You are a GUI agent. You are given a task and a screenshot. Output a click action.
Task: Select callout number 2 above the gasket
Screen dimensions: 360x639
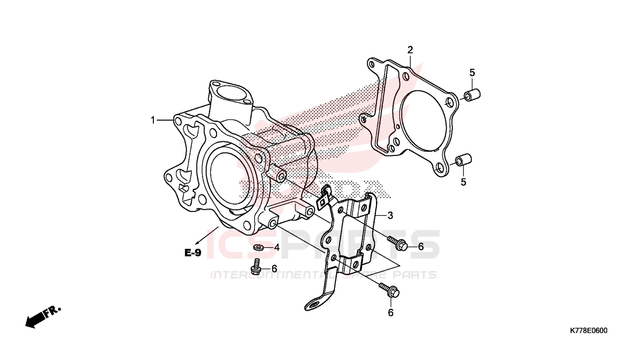point(410,50)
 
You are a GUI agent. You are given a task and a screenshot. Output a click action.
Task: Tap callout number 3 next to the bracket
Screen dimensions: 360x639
point(390,215)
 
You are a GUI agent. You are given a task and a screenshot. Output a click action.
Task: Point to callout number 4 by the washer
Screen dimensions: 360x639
point(277,247)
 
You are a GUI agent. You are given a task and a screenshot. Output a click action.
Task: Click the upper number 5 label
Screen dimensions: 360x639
point(472,73)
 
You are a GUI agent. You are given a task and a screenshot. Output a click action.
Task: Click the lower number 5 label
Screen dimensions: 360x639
point(464,182)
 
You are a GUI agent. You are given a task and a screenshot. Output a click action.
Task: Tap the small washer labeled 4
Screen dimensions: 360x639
point(258,247)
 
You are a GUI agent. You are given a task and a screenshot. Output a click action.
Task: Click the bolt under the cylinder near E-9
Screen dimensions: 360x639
point(256,267)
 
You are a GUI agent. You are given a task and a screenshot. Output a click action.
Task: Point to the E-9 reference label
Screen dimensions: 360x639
point(192,253)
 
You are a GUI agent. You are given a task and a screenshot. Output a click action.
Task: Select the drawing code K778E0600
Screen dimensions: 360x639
point(588,331)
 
